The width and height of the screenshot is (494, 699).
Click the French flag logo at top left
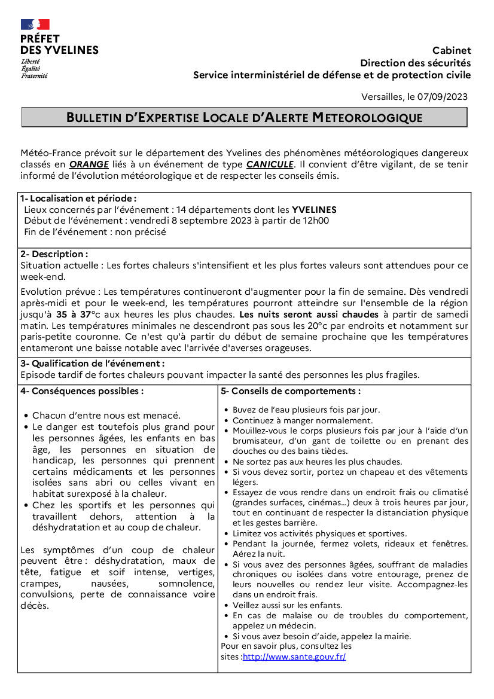coord(35,25)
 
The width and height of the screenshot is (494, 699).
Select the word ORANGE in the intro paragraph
coord(89,164)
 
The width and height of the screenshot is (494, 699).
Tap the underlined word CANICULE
coord(270,164)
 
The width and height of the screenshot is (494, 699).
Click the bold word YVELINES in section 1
coord(314,210)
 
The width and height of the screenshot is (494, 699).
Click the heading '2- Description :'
coord(54,254)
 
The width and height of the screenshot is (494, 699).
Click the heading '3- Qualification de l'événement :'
coord(92,364)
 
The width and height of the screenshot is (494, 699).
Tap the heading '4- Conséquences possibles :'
coord(82,392)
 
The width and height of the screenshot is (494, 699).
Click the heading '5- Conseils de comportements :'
coord(291,392)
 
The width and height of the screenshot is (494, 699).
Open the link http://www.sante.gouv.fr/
coord(294,657)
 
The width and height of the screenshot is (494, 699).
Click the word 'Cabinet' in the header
coord(452,51)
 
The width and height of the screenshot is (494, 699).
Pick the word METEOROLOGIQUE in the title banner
coord(367,118)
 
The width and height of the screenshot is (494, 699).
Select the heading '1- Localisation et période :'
coord(78,199)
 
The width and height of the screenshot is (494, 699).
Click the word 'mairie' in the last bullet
coord(413,636)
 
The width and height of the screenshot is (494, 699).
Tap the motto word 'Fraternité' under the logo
coord(34,76)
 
